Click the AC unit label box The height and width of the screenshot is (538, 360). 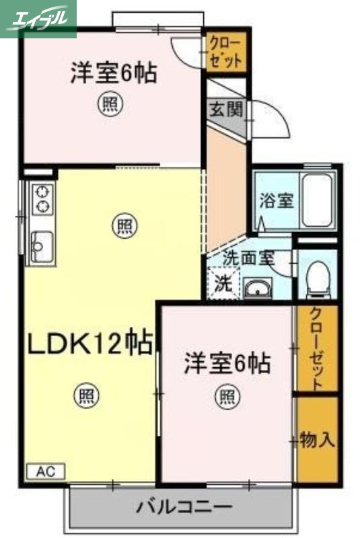(x=45, y=471)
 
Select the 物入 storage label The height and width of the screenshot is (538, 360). (x=317, y=440)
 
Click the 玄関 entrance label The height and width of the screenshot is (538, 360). (x=226, y=109)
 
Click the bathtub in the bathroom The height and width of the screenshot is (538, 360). (x=318, y=200)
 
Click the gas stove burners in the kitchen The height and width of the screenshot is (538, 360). (x=42, y=198)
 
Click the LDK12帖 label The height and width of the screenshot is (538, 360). (x=89, y=344)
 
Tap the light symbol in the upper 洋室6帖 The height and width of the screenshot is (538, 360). (x=112, y=104)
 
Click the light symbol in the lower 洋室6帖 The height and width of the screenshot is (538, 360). (x=227, y=397)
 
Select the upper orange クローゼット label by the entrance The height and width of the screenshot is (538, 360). (x=225, y=52)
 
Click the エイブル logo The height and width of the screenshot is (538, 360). (x=38, y=18)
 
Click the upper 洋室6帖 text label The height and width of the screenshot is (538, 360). (x=113, y=73)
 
